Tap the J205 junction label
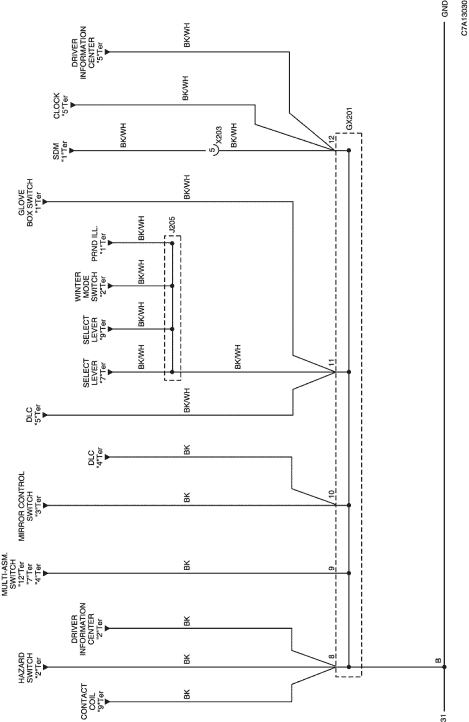172,226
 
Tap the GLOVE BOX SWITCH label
32,202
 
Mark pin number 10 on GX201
331,494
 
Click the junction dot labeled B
444,666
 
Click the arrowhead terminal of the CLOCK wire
73,105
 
